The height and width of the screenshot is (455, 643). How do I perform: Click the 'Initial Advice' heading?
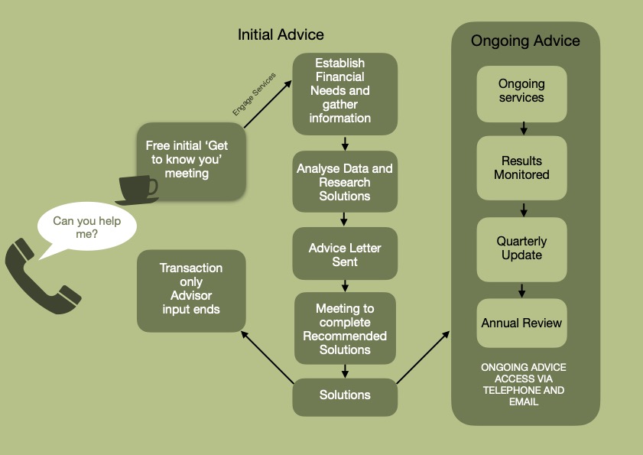281,34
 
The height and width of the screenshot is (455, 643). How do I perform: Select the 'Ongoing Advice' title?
525,41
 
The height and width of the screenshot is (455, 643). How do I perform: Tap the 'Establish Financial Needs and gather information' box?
345,90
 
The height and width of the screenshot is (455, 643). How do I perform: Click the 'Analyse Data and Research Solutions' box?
345,182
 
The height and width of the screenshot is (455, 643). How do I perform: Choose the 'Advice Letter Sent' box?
345,255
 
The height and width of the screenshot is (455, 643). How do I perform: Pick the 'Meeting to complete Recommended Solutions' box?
345,329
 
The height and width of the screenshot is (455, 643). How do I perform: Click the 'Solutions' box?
345,395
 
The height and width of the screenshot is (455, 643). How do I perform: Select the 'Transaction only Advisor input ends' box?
191,289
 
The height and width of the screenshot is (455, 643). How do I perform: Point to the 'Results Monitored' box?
521,167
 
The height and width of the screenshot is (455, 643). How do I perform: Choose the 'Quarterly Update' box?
521,248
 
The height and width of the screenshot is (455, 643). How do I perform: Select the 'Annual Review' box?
521,323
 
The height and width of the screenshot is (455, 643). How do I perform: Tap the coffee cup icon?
138,189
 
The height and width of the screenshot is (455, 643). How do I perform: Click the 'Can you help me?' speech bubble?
86,227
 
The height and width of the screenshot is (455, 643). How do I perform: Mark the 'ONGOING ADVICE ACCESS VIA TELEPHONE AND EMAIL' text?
524,384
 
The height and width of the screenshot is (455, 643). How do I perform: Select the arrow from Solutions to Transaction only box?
268,358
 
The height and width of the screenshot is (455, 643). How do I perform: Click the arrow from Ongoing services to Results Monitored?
524,128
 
